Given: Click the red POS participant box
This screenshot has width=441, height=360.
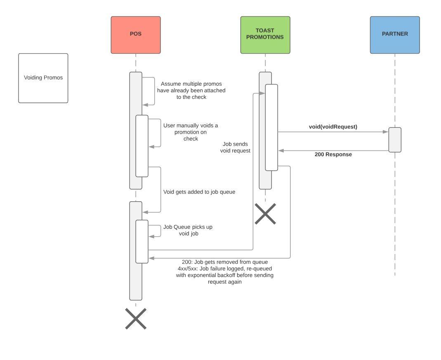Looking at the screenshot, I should tap(135, 35).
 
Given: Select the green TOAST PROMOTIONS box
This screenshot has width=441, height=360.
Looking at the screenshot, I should tap(265, 35).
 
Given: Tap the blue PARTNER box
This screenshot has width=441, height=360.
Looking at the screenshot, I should tap(395, 35).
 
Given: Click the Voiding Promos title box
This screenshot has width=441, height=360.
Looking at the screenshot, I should tap(43, 78).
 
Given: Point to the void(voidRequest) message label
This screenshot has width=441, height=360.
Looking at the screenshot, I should tap(333, 127).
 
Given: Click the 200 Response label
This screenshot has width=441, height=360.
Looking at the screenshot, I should tap(333, 155).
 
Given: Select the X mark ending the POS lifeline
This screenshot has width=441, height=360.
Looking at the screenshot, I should tap(136, 318).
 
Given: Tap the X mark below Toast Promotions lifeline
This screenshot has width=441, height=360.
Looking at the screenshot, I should tap(265, 214).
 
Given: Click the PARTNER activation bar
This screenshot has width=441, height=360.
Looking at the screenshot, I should tap(395, 140).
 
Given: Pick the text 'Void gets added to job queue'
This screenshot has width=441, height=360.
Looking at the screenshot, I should tap(199, 192).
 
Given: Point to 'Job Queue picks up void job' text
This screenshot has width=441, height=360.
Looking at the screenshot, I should tap(188, 230).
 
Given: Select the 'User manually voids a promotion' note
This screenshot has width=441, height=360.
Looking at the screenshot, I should tap(191, 132).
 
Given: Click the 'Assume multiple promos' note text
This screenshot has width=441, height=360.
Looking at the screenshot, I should tap(191, 90).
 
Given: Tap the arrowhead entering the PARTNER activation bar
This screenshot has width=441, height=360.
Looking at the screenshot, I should tap(386, 132).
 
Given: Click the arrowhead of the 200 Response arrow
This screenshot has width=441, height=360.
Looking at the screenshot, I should tap(281, 151).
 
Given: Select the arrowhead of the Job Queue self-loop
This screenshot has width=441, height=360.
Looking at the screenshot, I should tap(151, 236).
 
